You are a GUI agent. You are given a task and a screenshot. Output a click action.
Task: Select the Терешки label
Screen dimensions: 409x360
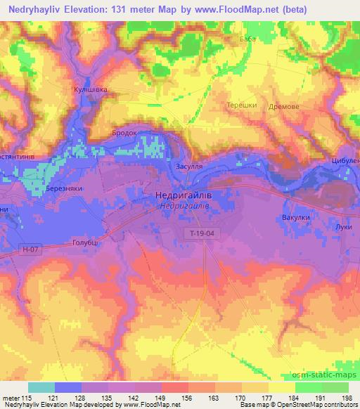coord(240,105)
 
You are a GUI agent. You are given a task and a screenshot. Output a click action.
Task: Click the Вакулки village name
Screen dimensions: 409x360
coord(295,217)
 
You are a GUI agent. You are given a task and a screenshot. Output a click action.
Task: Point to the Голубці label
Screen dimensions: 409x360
coord(87,242)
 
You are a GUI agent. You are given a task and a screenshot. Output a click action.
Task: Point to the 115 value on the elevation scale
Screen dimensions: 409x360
coord(28,398)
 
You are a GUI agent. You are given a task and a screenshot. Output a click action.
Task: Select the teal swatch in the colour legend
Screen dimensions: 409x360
coord(41,387)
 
